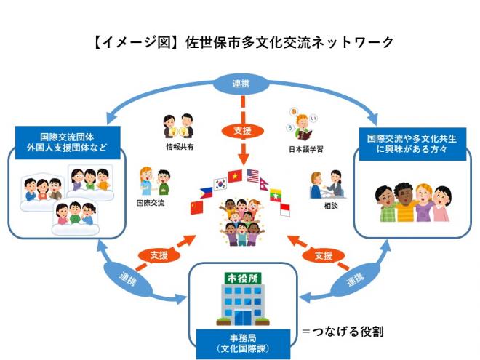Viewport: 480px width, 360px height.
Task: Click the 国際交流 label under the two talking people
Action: click(151, 202)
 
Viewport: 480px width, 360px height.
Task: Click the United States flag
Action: click(252, 175)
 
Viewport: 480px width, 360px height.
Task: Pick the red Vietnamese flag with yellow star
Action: click(234, 175)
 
